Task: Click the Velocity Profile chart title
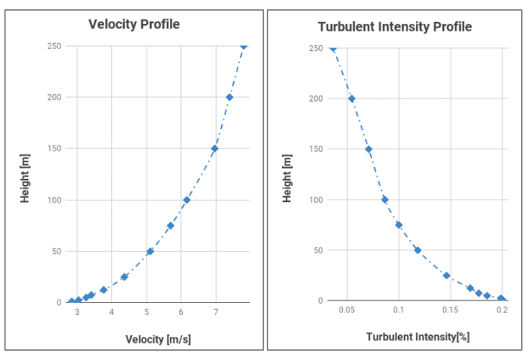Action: tap(134, 24)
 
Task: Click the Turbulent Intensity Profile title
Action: tap(395, 26)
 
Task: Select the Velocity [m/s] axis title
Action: tap(158, 339)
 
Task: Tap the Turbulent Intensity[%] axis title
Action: tap(417, 337)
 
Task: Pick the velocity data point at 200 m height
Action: tap(229, 97)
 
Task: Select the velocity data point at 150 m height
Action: tap(214, 148)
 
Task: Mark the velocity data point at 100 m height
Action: tap(187, 200)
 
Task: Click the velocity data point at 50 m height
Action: tap(150, 251)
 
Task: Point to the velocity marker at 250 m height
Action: tap(244, 46)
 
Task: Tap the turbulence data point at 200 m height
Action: tap(351, 98)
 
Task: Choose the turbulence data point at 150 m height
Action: tap(369, 149)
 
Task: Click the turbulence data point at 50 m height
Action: tap(417, 250)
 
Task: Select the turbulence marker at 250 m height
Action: tap(333, 48)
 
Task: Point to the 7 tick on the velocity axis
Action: tap(216, 312)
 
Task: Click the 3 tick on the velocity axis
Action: tap(77, 312)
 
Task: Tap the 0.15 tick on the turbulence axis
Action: tap(450, 309)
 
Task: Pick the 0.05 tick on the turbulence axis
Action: tap(347, 309)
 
